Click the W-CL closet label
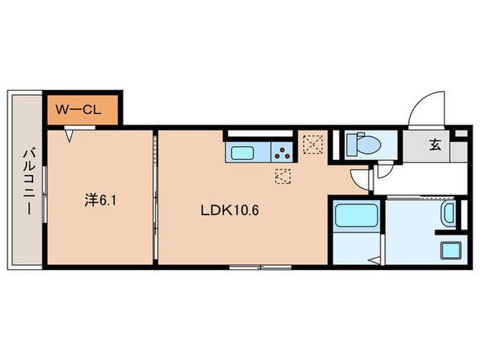pyautogui.click(x=80, y=108)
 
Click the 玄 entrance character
pyautogui.click(x=435, y=145)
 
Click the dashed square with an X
pyautogui.click(x=313, y=145)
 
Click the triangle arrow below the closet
pyautogui.click(x=70, y=136)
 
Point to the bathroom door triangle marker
pyautogui.click(x=374, y=261)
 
